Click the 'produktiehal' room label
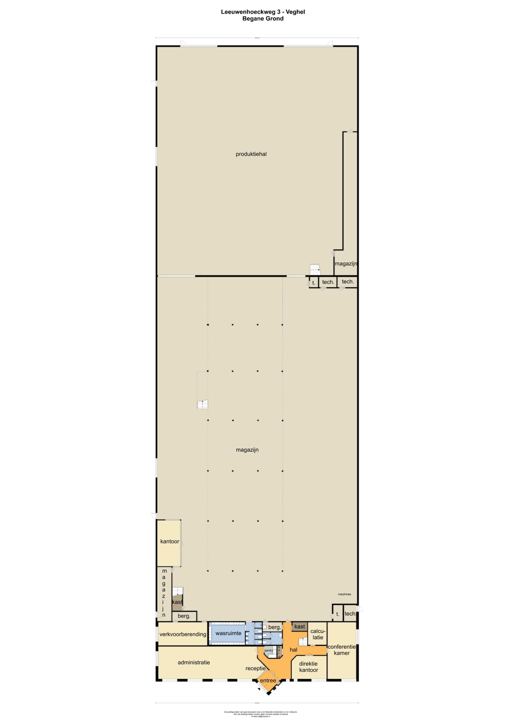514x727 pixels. click(251, 154)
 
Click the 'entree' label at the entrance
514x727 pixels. click(268, 680)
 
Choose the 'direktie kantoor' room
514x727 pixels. click(308, 667)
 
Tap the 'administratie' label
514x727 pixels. click(193, 662)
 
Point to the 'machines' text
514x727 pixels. click(344, 594)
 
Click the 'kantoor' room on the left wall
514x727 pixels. click(170, 542)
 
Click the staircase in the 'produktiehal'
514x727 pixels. click(315, 270)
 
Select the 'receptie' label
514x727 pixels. click(255, 668)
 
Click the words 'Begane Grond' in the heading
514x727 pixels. click(263, 19)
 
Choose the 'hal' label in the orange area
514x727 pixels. click(293, 650)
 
